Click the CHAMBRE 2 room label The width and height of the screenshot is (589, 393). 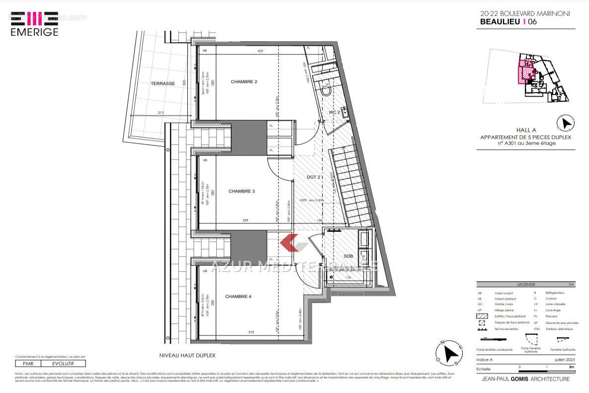click(244, 82)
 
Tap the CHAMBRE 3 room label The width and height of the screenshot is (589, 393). click(242, 191)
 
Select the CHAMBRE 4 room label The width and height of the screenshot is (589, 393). click(238, 296)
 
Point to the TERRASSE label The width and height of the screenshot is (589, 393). click(163, 84)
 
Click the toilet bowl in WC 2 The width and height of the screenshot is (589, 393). click(327, 92)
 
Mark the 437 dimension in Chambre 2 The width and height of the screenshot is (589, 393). click(260, 51)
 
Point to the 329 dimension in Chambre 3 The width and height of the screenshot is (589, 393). click(245, 220)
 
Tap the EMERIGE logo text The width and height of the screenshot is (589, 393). click(34, 32)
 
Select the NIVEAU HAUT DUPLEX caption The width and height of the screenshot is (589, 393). click(187, 356)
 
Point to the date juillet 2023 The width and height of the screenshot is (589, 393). click(563, 359)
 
